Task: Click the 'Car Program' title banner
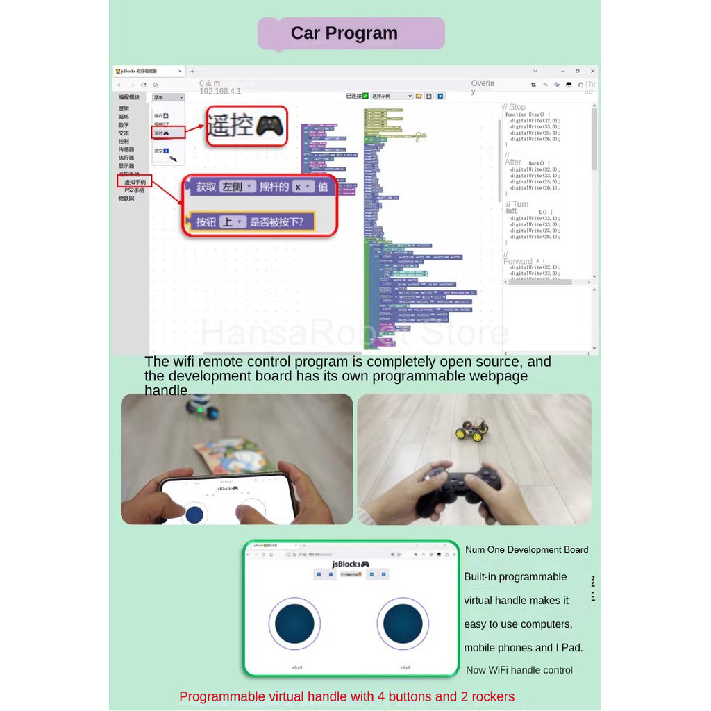[351, 33]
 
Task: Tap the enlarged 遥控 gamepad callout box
[246, 126]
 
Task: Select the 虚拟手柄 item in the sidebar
[135, 182]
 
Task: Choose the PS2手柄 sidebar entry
[135, 190]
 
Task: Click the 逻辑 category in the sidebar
[124, 108]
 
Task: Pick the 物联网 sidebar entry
[126, 199]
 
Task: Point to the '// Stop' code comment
[515, 107]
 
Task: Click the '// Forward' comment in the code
[518, 261]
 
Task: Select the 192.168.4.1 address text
[220, 91]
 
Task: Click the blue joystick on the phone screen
[194, 515]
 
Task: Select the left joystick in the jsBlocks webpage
[294, 623]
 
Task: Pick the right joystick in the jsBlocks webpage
[403, 623]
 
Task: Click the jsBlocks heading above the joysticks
[351, 564]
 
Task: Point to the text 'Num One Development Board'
[526, 550]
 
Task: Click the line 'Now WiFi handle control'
[519, 670]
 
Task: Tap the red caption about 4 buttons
[346, 696]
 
